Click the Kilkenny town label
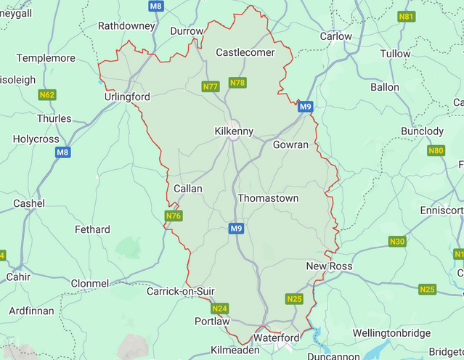tap(234, 131)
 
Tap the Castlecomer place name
tap(245, 52)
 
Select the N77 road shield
tap(211, 86)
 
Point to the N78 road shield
tap(237, 83)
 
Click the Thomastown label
tap(268, 197)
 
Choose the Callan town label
tap(188, 188)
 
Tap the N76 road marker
tap(173, 216)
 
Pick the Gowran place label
tap(290, 144)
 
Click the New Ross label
tap(329, 266)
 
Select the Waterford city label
tap(276, 338)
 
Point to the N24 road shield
tap(220, 308)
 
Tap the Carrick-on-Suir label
tap(181, 291)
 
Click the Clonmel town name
tap(90, 283)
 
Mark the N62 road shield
tap(48, 95)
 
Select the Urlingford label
tap(127, 97)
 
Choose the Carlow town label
tap(335, 36)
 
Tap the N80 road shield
tap(436, 151)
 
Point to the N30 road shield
tap(396, 241)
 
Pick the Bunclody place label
tap(422, 131)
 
